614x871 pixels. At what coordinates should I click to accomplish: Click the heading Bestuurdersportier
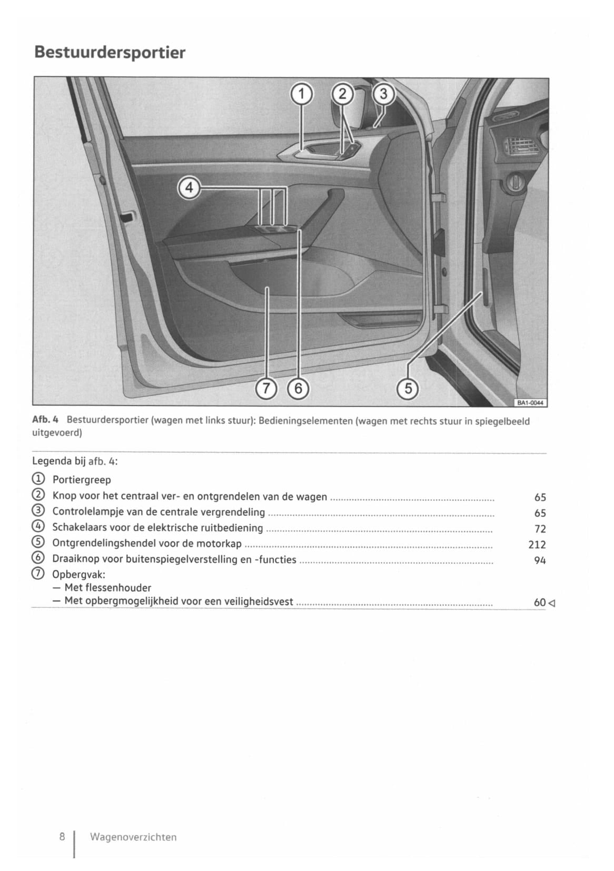coord(110,53)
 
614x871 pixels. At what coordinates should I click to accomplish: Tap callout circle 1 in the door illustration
coord(302,94)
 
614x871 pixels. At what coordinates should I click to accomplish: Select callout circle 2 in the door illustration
coord(342,94)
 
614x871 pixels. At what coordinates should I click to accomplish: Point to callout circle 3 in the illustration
coord(383,94)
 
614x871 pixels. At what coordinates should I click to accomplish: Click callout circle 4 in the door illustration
coord(189,188)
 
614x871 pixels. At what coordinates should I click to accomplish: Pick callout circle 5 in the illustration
coord(408,389)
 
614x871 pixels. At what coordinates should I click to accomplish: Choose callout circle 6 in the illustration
coord(299,389)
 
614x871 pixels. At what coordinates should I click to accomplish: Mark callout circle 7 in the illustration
coord(266,389)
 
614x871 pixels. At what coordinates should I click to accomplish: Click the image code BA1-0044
coord(530,403)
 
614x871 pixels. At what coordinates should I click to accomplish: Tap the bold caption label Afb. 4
coord(46,420)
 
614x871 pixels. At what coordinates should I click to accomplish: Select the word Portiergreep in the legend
coord(82,480)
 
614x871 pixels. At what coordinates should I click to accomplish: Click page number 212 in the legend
coord(537,545)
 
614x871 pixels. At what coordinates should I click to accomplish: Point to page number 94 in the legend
coord(540,560)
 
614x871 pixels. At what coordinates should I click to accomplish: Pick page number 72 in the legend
coord(540,529)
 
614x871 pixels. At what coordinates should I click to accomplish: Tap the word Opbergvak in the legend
coord(78,575)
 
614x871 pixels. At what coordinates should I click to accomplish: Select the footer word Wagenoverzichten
coord(133,837)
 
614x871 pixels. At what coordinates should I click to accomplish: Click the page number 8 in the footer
coord(62,836)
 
